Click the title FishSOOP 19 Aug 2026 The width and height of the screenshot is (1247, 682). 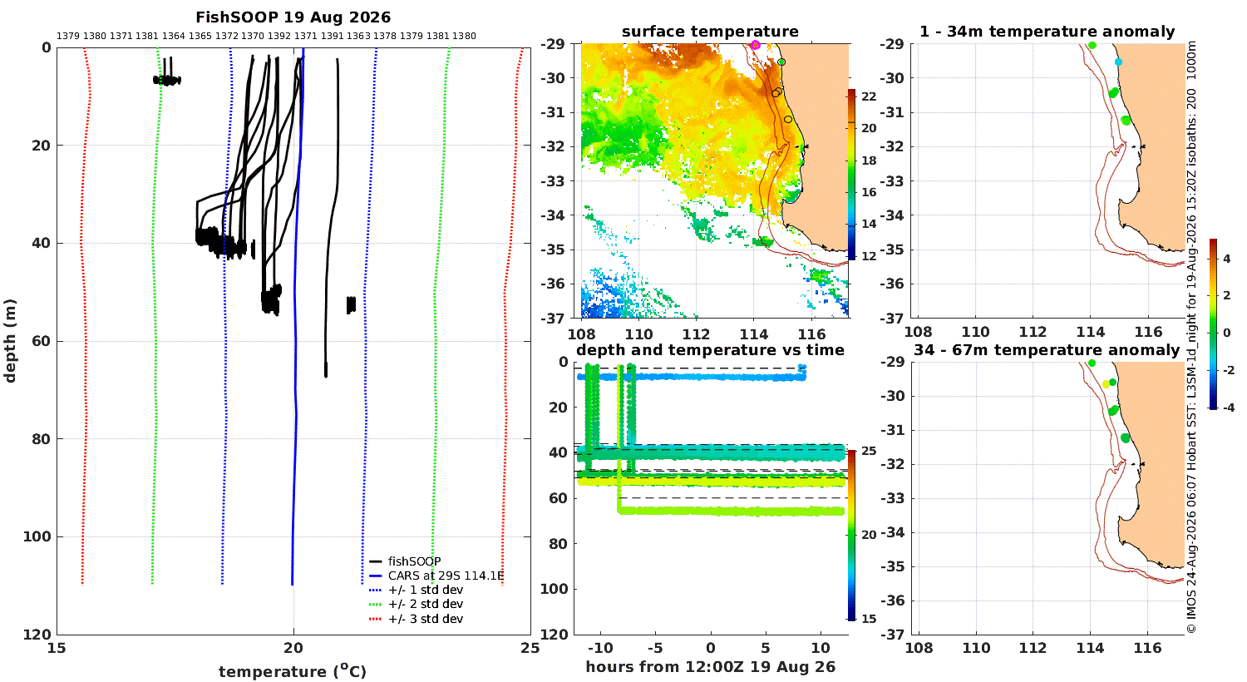(x=293, y=17)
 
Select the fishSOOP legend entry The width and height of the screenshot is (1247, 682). (x=406, y=561)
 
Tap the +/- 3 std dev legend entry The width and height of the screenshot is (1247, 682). (x=416, y=619)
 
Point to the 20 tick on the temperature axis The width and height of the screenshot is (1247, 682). (x=293, y=647)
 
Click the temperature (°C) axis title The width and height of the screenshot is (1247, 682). (x=293, y=671)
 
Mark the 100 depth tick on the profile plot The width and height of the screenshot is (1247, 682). (x=37, y=536)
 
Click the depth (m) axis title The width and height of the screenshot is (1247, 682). (x=9, y=341)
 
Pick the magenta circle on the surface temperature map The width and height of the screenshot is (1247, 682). (x=756, y=45)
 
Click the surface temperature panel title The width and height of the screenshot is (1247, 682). (x=710, y=31)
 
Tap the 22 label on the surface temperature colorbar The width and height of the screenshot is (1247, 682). (x=869, y=96)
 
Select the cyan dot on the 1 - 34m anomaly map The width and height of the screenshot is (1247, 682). (x=1118, y=62)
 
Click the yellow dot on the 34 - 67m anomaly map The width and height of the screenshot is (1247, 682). (x=1107, y=384)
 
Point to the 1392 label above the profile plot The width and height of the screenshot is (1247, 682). (x=279, y=36)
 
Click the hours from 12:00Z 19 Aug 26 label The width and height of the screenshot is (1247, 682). (x=710, y=666)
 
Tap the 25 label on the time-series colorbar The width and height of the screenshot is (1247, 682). (x=869, y=451)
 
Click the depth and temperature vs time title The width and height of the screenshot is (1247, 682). (x=710, y=349)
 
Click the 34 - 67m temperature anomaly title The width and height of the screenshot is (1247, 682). (x=1047, y=349)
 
